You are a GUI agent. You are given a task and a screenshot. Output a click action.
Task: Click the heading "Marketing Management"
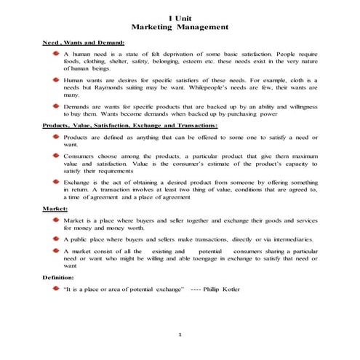tap(179, 28)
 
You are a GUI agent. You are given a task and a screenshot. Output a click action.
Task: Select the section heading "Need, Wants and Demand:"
tap(84, 44)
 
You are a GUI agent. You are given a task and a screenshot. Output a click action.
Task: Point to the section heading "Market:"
tap(55, 209)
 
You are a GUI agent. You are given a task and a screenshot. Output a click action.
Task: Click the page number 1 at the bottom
tap(180, 334)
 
